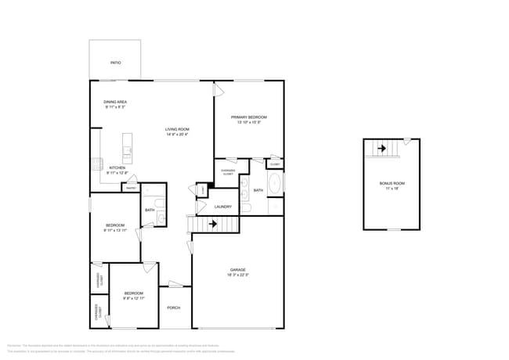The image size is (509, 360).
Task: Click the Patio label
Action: click(x=115, y=62)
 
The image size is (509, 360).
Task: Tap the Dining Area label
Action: click(x=116, y=102)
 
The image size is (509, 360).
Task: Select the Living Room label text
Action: click(x=177, y=129)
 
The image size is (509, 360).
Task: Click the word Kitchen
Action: click(x=117, y=167)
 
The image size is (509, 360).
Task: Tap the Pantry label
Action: click(x=131, y=187)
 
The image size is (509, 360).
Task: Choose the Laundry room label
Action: click(x=222, y=207)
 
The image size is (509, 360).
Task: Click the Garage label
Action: click(x=238, y=270)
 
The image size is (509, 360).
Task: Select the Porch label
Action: click(x=174, y=308)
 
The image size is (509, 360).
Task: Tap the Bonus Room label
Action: click(x=392, y=183)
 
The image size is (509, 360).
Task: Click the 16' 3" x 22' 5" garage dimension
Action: click(x=238, y=275)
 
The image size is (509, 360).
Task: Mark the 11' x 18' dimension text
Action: click(x=392, y=189)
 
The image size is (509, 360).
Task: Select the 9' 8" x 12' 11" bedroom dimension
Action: click(x=134, y=298)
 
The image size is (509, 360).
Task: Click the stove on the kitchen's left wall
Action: click(x=96, y=164)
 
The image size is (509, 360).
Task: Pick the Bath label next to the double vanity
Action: click(x=258, y=190)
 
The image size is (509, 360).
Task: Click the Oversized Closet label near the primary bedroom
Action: click(x=227, y=172)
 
